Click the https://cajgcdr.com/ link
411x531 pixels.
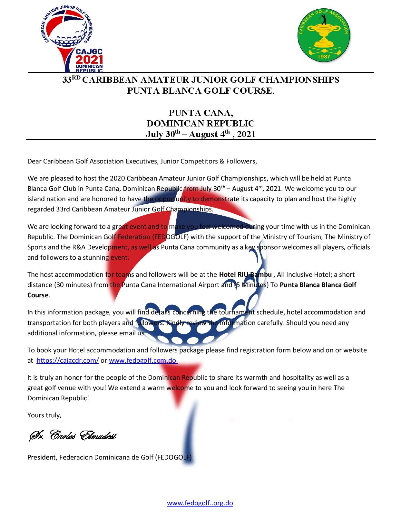click(68, 360)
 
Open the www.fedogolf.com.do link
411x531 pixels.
click(143, 360)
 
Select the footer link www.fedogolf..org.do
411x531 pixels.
click(200, 503)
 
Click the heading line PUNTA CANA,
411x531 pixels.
click(201, 113)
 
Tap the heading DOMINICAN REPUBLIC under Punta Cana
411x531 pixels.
click(201, 124)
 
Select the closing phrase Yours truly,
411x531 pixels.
click(44, 415)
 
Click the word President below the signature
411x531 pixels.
click(41, 457)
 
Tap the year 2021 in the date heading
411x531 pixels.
click(246, 134)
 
